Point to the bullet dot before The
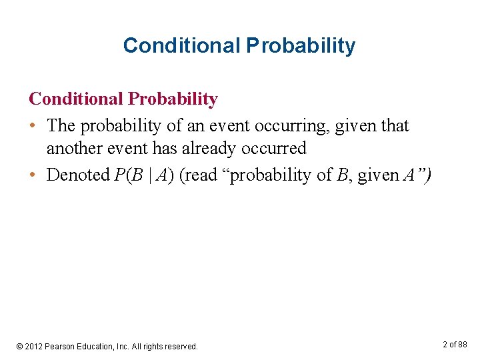tap(33, 126)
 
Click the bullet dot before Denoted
tap(33, 175)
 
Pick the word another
tap(75, 149)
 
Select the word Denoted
tap(77, 175)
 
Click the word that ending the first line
tap(393, 126)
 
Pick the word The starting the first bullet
tap(61, 126)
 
